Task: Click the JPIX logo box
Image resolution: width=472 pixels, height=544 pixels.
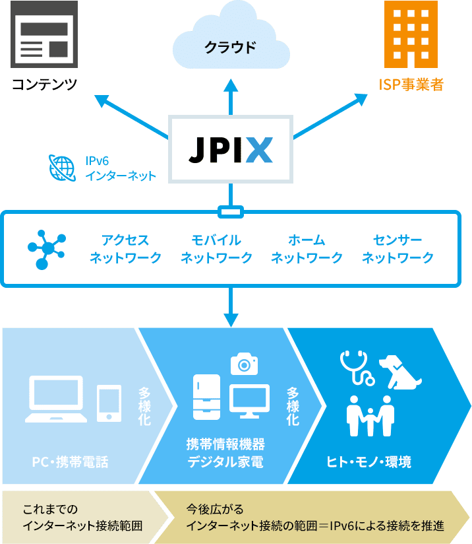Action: [231, 150]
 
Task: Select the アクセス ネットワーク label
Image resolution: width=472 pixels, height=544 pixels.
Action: [125, 248]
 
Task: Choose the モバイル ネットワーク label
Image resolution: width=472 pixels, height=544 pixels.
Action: [216, 248]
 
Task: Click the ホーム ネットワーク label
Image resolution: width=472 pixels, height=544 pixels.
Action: [307, 248]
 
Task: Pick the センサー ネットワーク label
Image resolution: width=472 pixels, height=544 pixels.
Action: [398, 248]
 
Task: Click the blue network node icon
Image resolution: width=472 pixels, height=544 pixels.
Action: [46, 249]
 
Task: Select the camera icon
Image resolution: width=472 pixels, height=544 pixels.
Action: [244, 364]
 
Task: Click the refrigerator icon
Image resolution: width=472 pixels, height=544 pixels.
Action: [206, 397]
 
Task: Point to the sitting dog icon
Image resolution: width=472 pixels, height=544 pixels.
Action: [400, 372]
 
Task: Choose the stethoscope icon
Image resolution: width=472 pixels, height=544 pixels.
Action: [356, 367]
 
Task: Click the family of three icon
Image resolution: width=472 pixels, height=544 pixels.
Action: [370, 415]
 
